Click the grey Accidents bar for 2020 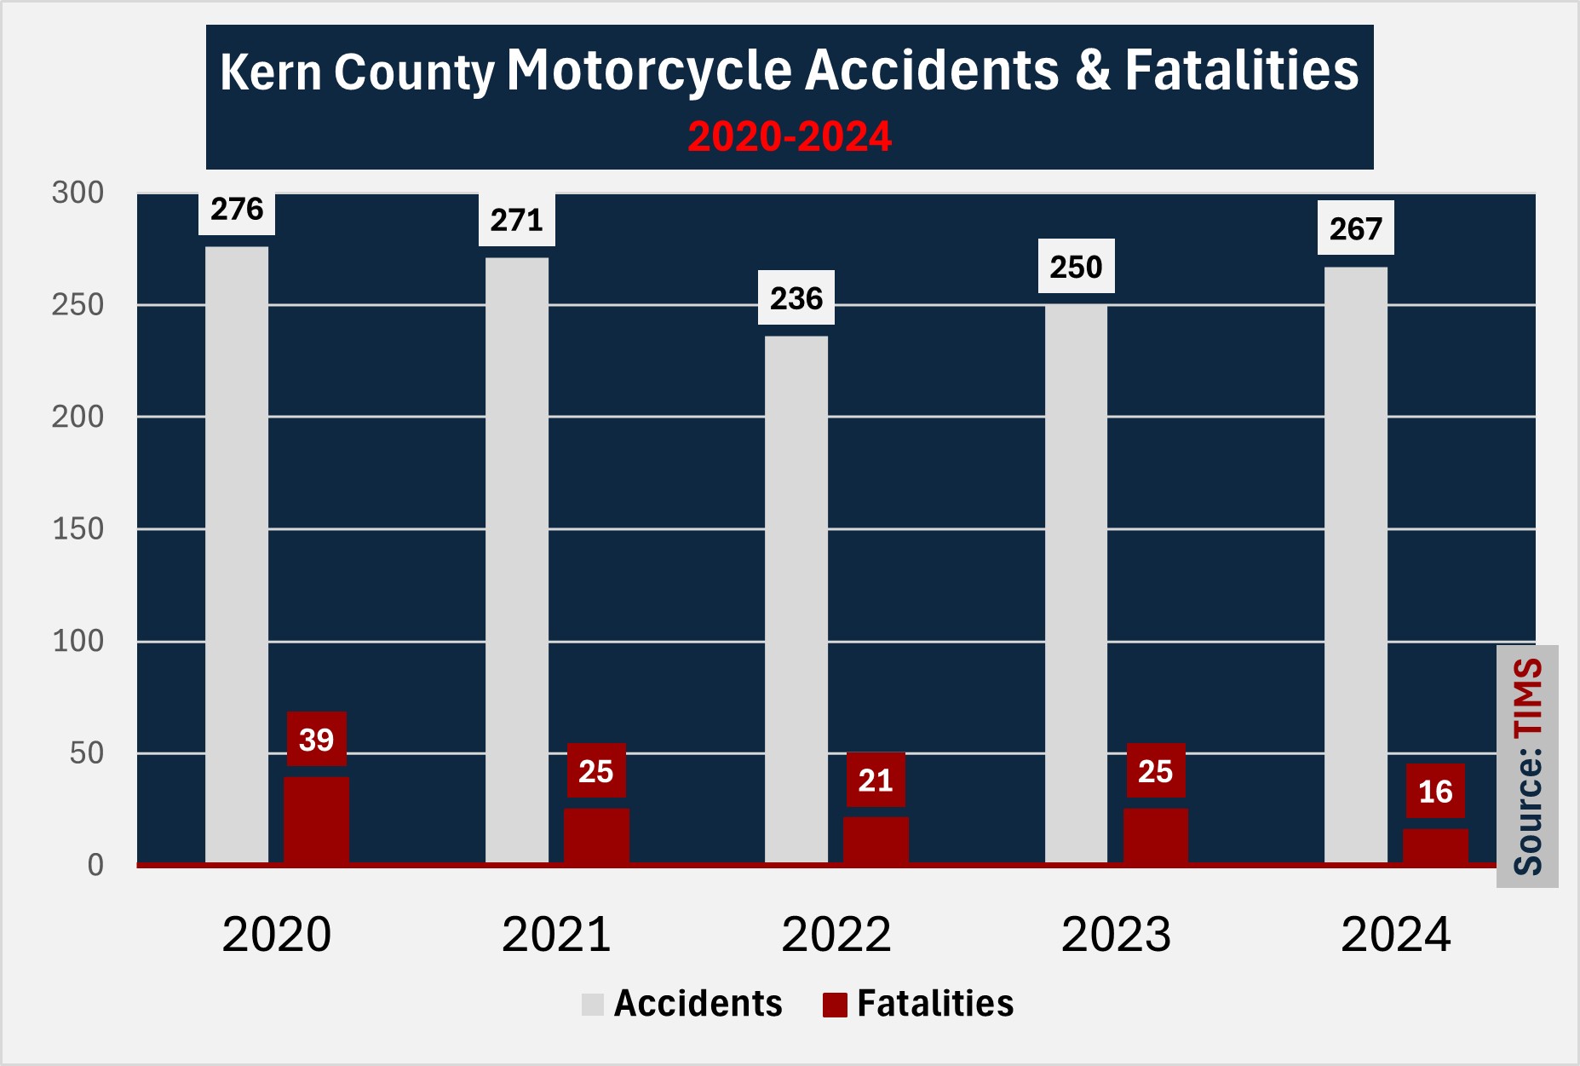coord(237,554)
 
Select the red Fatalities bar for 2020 coord(316,820)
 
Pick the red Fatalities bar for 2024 coord(1435,846)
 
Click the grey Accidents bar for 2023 coord(1076,584)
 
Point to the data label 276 coord(237,210)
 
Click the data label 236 coord(796,298)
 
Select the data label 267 coord(1355,228)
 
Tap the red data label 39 coord(316,740)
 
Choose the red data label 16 coord(1435,792)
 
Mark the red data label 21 coord(876,780)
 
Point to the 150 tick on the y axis coord(78,529)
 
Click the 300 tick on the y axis coord(78,193)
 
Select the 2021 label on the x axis coord(556,935)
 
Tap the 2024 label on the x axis coord(1395,935)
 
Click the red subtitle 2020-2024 coord(790,136)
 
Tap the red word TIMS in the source coord(1528,697)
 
